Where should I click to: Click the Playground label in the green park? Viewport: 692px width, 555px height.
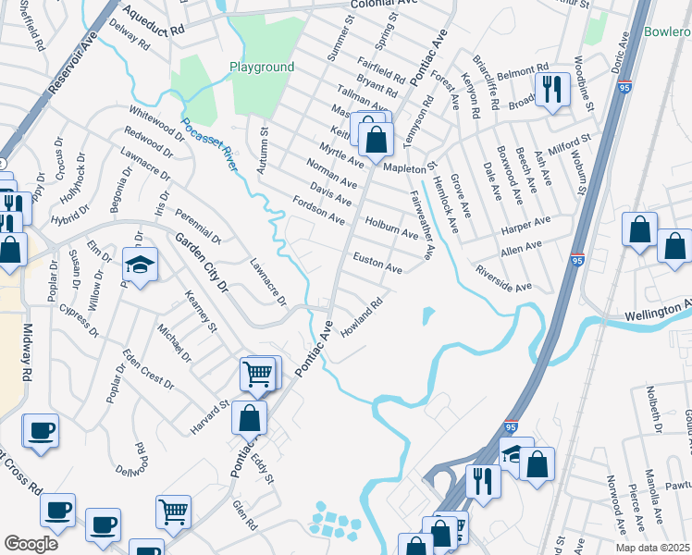[262, 67]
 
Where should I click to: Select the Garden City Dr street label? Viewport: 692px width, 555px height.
[202, 263]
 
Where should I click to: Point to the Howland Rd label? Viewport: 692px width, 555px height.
[362, 317]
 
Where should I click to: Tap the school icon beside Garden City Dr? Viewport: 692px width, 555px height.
[140, 265]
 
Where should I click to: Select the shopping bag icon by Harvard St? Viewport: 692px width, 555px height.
[250, 417]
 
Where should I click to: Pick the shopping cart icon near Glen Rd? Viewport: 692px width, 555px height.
[173, 511]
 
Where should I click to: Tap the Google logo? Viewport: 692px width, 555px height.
[31, 544]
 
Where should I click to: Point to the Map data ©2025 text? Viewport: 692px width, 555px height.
[652, 548]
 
